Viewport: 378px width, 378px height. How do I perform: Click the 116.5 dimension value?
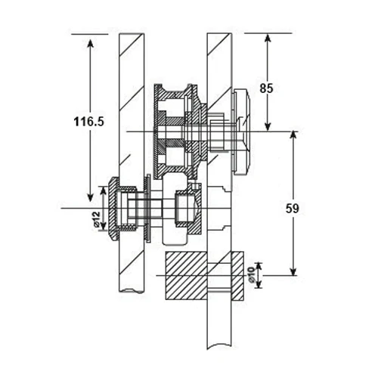pyautogui.click(x=88, y=122)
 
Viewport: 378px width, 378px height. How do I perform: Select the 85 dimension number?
pyautogui.click(x=266, y=88)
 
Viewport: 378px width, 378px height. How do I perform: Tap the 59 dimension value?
pyautogui.click(x=293, y=209)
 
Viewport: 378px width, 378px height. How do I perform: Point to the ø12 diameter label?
pyautogui.click(x=96, y=219)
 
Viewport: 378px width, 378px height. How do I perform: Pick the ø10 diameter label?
pyautogui.click(x=251, y=274)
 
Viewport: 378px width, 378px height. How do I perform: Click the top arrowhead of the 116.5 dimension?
pyautogui.click(x=91, y=42)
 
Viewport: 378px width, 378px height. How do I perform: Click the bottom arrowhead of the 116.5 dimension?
pyautogui.click(x=91, y=197)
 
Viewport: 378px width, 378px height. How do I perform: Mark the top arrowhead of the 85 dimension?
pyautogui.click(x=268, y=39)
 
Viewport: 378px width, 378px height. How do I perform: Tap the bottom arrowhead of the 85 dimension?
pyautogui.click(x=268, y=127)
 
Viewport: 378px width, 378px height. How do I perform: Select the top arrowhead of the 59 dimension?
pyautogui.click(x=293, y=136)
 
